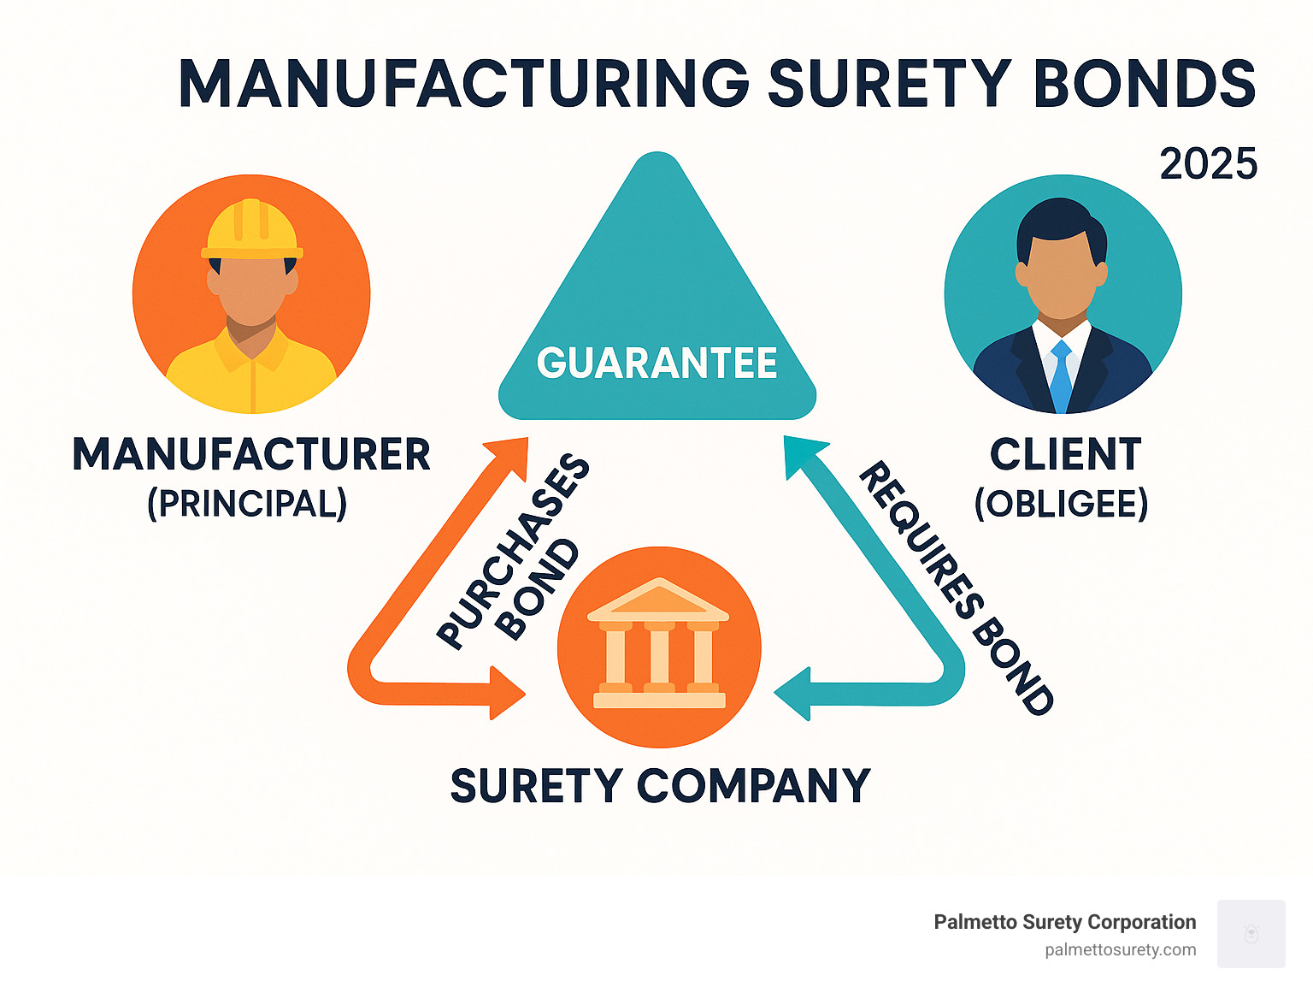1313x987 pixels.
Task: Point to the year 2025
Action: pyautogui.click(x=1208, y=163)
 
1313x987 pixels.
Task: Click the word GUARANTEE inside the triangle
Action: pyautogui.click(x=656, y=363)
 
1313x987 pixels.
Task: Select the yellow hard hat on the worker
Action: pyautogui.click(x=252, y=229)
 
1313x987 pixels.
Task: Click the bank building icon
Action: pyautogui.click(x=658, y=646)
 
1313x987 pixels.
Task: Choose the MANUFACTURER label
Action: pyautogui.click(x=251, y=454)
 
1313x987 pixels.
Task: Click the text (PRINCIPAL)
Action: pyautogui.click(x=247, y=503)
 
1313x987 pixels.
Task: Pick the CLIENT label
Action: pyautogui.click(x=1065, y=454)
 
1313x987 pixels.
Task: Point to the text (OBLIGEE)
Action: pyautogui.click(x=1061, y=503)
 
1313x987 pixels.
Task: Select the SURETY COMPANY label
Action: pyautogui.click(x=660, y=785)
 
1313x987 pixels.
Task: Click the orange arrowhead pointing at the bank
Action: pyautogui.click(x=506, y=692)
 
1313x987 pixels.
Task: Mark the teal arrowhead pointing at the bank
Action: pyautogui.click(x=792, y=693)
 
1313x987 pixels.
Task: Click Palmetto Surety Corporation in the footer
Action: pyautogui.click(x=1064, y=922)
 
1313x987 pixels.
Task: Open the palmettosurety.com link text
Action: pyautogui.click(x=1120, y=949)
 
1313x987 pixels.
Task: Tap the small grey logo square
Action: pyautogui.click(x=1251, y=933)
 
